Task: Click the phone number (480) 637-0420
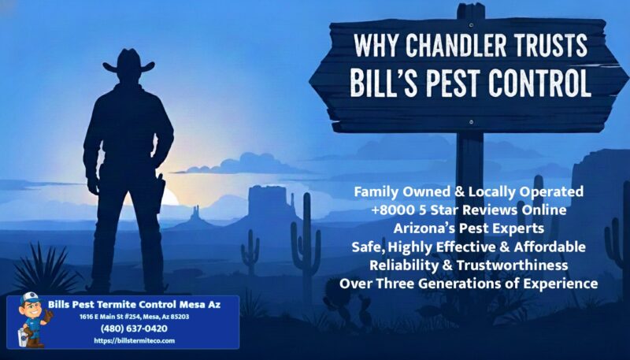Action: [134, 328]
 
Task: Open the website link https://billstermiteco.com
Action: [134, 340]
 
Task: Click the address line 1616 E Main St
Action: [134, 317]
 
